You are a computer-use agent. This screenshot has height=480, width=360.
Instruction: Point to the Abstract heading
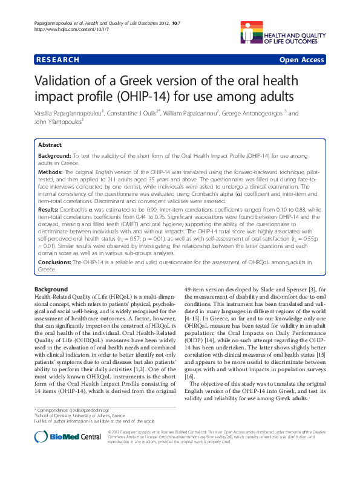pos(50,145)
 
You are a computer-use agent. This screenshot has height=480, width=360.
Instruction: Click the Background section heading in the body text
pos(51,290)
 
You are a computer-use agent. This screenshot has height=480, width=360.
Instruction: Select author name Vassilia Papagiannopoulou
pos(72,113)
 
